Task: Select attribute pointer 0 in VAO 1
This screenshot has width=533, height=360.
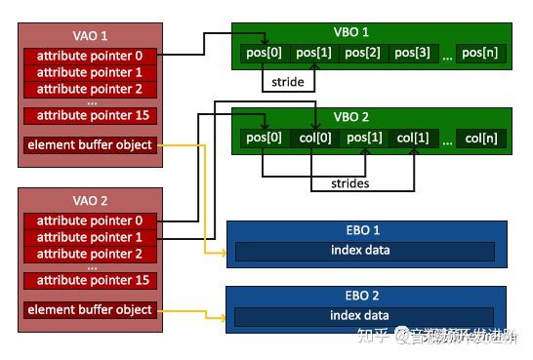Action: [90, 56]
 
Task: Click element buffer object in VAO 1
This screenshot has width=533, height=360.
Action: [90, 145]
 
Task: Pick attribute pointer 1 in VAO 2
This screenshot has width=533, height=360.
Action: [90, 237]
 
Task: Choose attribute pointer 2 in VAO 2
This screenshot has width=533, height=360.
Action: [90, 254]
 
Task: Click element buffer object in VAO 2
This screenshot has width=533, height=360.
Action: [90, 310]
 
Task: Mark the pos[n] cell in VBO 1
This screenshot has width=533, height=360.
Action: [482, 52]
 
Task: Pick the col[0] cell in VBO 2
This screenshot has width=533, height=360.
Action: [315, 139]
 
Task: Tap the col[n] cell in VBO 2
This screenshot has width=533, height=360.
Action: [482, 139]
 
